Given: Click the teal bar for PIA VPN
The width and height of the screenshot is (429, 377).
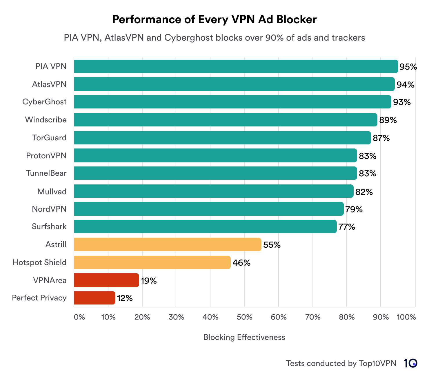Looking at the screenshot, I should [236, 66].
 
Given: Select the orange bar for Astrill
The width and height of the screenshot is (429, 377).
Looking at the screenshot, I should [168, 244].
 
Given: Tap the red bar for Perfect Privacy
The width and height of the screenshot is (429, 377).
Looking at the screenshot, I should [94, 298].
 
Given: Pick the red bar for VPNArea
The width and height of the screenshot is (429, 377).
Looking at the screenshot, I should [106, 280].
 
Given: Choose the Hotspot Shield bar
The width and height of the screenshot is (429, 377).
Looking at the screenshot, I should [152, 262].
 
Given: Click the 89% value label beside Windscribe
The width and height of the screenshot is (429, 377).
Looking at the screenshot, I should [388, 120].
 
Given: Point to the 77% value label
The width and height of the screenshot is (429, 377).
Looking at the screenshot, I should [347, 227].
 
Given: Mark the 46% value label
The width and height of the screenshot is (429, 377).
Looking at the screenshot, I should [241, 263].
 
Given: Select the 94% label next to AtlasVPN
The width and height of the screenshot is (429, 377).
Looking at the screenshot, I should [405, 85].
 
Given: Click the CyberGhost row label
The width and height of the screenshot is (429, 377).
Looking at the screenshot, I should [44, 102].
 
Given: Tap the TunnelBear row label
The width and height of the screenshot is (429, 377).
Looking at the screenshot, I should [46, 173].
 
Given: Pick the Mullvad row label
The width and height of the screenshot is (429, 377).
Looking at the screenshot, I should [52, 191].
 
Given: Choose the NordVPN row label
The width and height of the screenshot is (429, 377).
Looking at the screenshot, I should [49, 209].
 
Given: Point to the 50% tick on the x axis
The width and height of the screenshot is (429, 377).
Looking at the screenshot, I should [244, 317].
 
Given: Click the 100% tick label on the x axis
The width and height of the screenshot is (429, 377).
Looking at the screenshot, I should [406, 317].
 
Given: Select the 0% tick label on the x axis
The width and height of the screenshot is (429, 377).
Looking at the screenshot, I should [79, 317].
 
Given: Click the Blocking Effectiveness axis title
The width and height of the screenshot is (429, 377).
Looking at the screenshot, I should [244, 337].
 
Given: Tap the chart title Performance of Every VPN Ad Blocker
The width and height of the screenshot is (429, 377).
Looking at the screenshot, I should [214, 19].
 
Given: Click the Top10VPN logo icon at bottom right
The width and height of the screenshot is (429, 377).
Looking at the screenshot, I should [410, 363].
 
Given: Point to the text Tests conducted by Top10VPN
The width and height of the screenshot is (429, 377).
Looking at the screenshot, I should [341, 363].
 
